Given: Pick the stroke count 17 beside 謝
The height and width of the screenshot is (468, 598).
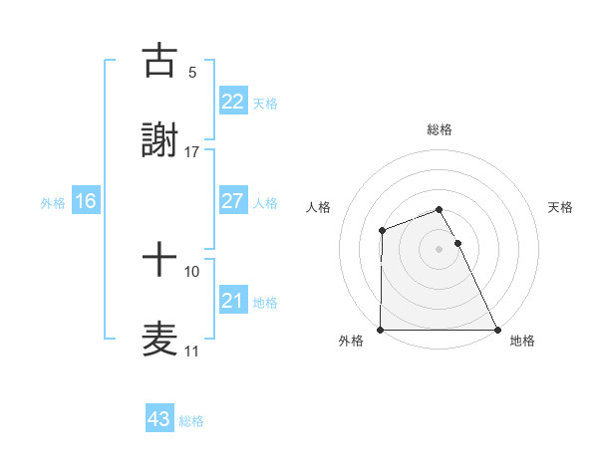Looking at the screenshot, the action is coord(192,151).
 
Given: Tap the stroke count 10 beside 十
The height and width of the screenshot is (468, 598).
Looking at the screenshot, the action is coord(192,271).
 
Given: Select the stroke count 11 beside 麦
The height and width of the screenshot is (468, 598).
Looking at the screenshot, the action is coord(192,351).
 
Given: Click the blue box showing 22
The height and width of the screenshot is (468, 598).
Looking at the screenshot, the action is coord(232,102).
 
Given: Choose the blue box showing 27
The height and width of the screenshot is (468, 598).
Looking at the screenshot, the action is coord(232,201).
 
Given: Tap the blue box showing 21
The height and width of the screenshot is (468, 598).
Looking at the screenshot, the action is coord(232,301).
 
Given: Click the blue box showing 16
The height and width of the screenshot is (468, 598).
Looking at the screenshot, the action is coord(86,201).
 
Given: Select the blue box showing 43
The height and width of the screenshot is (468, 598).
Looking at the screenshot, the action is coord(159,419).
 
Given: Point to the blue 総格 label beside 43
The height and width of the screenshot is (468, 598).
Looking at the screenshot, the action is coord(191,421).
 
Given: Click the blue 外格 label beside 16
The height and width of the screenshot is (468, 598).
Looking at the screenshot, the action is coord(53,203).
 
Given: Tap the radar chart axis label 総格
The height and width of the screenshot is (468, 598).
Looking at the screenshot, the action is coord(440,129).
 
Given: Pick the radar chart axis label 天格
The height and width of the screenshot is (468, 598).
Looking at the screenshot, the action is coord(561,207).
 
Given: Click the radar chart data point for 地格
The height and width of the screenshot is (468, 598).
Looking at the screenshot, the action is coord(497,330).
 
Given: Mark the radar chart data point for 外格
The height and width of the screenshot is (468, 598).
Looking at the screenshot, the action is coord(381,330).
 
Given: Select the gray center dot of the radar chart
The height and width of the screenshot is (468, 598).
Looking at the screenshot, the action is coord(440,249).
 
